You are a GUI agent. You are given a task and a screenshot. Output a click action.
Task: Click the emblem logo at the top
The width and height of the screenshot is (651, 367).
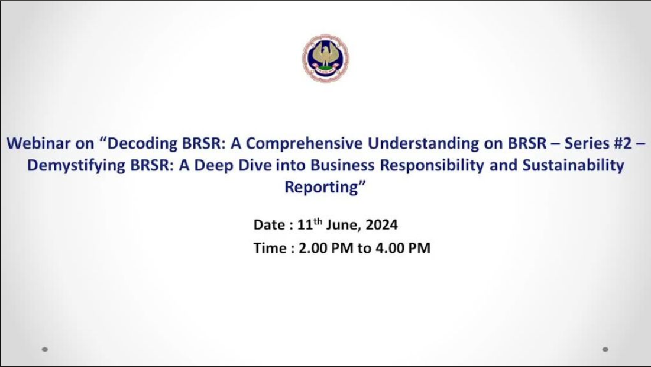coord(325,58)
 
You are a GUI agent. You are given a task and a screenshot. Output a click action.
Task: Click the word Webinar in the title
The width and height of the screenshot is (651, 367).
coord(38,143)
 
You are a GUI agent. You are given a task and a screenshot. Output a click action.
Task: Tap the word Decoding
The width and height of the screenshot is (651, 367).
coord(142,144)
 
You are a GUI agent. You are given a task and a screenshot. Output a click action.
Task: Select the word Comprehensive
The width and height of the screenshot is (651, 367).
coord(304,144)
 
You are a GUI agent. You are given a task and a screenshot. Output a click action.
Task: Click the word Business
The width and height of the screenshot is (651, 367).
coord(342,165)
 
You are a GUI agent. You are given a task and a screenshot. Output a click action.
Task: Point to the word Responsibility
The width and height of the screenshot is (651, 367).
coord(432,165)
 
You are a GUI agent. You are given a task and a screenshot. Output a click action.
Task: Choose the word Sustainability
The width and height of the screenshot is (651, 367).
coord(573,165)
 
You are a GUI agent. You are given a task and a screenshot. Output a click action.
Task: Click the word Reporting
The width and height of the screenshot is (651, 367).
coord(321,188)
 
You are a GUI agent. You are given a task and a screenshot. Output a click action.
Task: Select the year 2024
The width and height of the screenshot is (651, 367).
coord(381,225)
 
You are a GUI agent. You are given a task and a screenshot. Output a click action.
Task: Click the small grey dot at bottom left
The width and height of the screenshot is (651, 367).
coord(45,350)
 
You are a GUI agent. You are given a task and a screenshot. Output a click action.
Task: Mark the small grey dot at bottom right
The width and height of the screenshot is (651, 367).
coord(605,350)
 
